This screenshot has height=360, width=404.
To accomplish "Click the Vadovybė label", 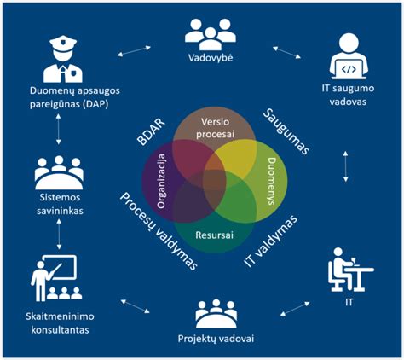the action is click(x=211, y=58).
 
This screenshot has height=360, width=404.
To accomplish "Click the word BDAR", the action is click(x=151, y=131).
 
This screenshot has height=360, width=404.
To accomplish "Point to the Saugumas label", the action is click(x=286, y=131).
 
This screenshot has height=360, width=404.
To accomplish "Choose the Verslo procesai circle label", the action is click(x=215, y=128).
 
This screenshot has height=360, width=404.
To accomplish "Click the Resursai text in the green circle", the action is click(x=215, y=235).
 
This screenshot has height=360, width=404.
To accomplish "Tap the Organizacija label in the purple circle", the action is click(x=161, y=181).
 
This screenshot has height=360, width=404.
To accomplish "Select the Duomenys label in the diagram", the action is click(x=272, y=181).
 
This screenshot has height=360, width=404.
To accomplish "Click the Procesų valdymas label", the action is click(x=159, y=231).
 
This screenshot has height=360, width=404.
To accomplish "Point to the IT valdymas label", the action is click(x=271, y=241).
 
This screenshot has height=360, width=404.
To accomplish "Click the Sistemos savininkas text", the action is click(x=60, y=204).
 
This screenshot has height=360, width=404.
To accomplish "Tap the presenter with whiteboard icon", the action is click(x=54, y=278).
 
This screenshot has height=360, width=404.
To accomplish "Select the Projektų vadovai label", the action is click(x=216, y=339).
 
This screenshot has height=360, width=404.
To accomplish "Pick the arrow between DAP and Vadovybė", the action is click(x=134, y=51).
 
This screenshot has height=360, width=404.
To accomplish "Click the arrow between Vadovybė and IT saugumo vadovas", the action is click(x=286, y=53).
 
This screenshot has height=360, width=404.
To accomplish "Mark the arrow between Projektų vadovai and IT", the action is click(x=295, y=309).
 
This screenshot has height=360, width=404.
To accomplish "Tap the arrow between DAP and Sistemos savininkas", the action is click(x=58, y=129).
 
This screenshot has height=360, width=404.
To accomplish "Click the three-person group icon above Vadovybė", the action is click(x=211, y=34).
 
